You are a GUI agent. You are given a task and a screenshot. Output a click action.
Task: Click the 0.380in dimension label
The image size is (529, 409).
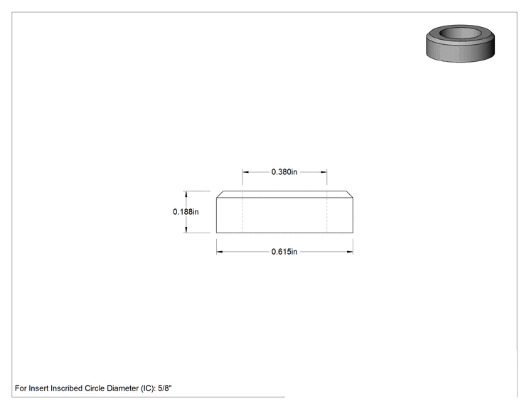point(284,171)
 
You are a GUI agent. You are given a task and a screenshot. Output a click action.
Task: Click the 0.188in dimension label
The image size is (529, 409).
point(186,211)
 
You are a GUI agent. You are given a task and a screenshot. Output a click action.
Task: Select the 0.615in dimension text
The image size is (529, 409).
point(284,252)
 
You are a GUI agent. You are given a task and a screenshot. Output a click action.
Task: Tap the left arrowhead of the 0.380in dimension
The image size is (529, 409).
point(245,171)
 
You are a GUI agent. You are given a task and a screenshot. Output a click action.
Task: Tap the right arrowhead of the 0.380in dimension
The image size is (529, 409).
point(324,171)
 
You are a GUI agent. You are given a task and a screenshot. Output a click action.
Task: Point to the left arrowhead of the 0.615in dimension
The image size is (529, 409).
point(219,252)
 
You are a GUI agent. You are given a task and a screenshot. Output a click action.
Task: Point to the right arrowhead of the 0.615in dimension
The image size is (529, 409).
point(351,252)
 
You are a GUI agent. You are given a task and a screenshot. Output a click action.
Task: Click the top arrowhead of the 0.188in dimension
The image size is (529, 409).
point(186,194)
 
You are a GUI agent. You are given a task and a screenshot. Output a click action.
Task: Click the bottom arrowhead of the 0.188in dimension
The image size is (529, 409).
point(186,230)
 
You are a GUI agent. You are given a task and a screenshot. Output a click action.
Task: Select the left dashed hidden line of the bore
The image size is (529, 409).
point(242,212)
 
